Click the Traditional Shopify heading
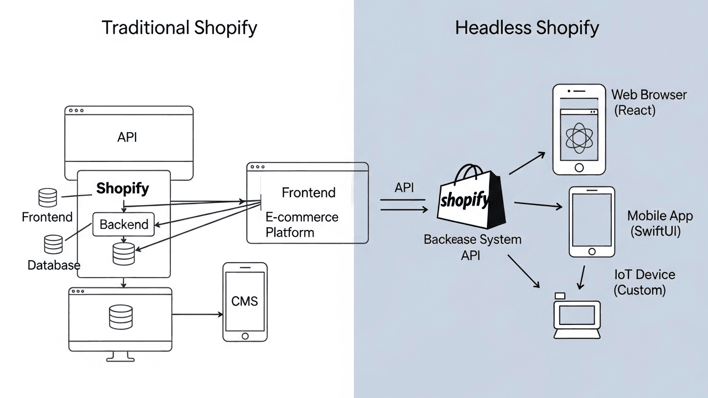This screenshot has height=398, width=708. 179,28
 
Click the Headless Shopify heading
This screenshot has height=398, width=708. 527,28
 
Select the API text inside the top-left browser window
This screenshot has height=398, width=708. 127,137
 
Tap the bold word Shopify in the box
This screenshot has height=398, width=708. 123,188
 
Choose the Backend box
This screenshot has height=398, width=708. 123,224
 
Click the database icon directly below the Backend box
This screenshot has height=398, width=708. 123,253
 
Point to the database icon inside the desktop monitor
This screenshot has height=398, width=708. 121,316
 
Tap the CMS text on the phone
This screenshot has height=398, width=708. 244,301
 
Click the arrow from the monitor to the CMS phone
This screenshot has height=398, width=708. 197,315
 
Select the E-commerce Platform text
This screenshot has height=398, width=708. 301,224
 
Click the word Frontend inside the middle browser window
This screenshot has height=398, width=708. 309,192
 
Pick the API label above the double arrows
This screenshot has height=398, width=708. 404,187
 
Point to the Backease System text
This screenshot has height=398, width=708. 472,239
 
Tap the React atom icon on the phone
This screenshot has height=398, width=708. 579,138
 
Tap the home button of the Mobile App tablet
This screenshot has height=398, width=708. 592,252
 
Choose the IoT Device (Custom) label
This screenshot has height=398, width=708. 644,282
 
